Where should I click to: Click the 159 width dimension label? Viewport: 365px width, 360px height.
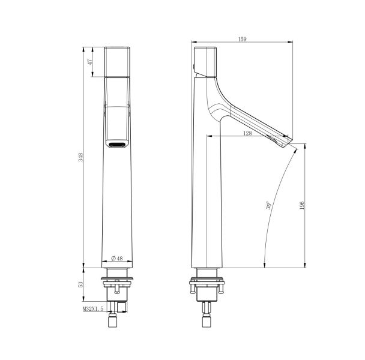click(x=242, y=40)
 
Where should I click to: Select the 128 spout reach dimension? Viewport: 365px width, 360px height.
click(x=248, y=133)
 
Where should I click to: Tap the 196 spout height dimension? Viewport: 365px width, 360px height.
click(x=302, y=205)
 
